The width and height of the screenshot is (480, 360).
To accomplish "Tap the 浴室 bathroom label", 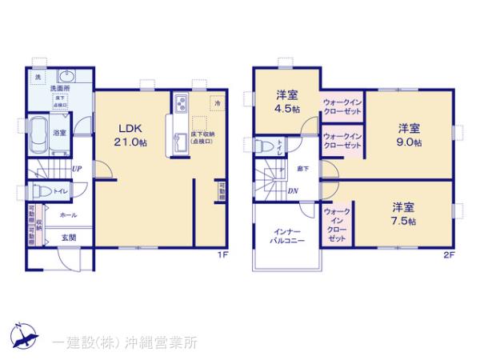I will (x=59, y=132).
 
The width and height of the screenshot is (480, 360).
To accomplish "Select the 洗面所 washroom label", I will (x=60, y=88).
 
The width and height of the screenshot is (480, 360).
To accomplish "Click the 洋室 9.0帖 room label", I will (x=410, y=135).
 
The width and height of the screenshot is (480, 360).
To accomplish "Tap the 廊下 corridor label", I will (x=302, y=169).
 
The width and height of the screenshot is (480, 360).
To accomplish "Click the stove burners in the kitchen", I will (x=180, y=103).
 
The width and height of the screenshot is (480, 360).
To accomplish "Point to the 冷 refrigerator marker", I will (x=216, y=102).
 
